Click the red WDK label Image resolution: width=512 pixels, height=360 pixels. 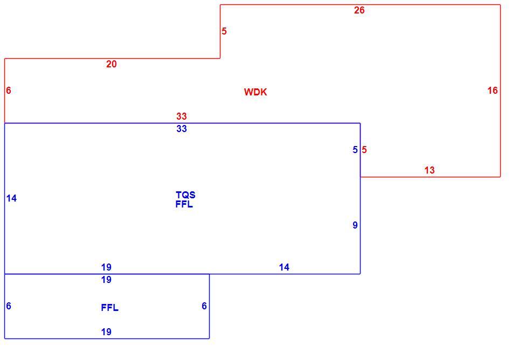tap(255, 92)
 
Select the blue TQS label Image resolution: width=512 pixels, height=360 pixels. tap(185, 195)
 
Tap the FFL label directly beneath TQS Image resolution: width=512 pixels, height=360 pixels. tap(184, 204)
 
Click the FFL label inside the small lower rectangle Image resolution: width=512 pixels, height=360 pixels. tap(110, 307)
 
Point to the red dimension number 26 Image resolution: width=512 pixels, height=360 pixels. tap(359, 10)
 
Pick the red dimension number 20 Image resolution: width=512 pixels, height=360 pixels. tap(112, 64)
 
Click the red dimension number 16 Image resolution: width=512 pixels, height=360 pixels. tap(493, 91)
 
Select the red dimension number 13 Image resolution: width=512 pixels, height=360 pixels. tap(430, 170)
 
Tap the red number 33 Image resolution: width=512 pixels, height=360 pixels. tap(182, 116)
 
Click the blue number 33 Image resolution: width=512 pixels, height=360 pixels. tap(182, 129)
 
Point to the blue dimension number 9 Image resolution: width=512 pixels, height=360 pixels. tap(355, 225)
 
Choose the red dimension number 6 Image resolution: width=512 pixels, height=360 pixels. tap(9, 91)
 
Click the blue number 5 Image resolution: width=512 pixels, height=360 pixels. tap(355, 150)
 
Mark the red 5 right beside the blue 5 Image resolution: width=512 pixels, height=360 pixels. tap(364, 150)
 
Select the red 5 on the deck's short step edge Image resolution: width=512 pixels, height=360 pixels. tap(224, 31)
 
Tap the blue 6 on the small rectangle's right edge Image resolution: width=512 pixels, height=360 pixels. tap(204, 306)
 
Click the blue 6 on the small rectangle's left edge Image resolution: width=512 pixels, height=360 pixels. tap(9, 306)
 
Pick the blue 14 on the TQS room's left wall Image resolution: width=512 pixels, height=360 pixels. tap(11, 198)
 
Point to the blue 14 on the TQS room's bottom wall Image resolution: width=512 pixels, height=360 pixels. tap(284, 267)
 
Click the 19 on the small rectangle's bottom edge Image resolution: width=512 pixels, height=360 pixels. tap(106, 332)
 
